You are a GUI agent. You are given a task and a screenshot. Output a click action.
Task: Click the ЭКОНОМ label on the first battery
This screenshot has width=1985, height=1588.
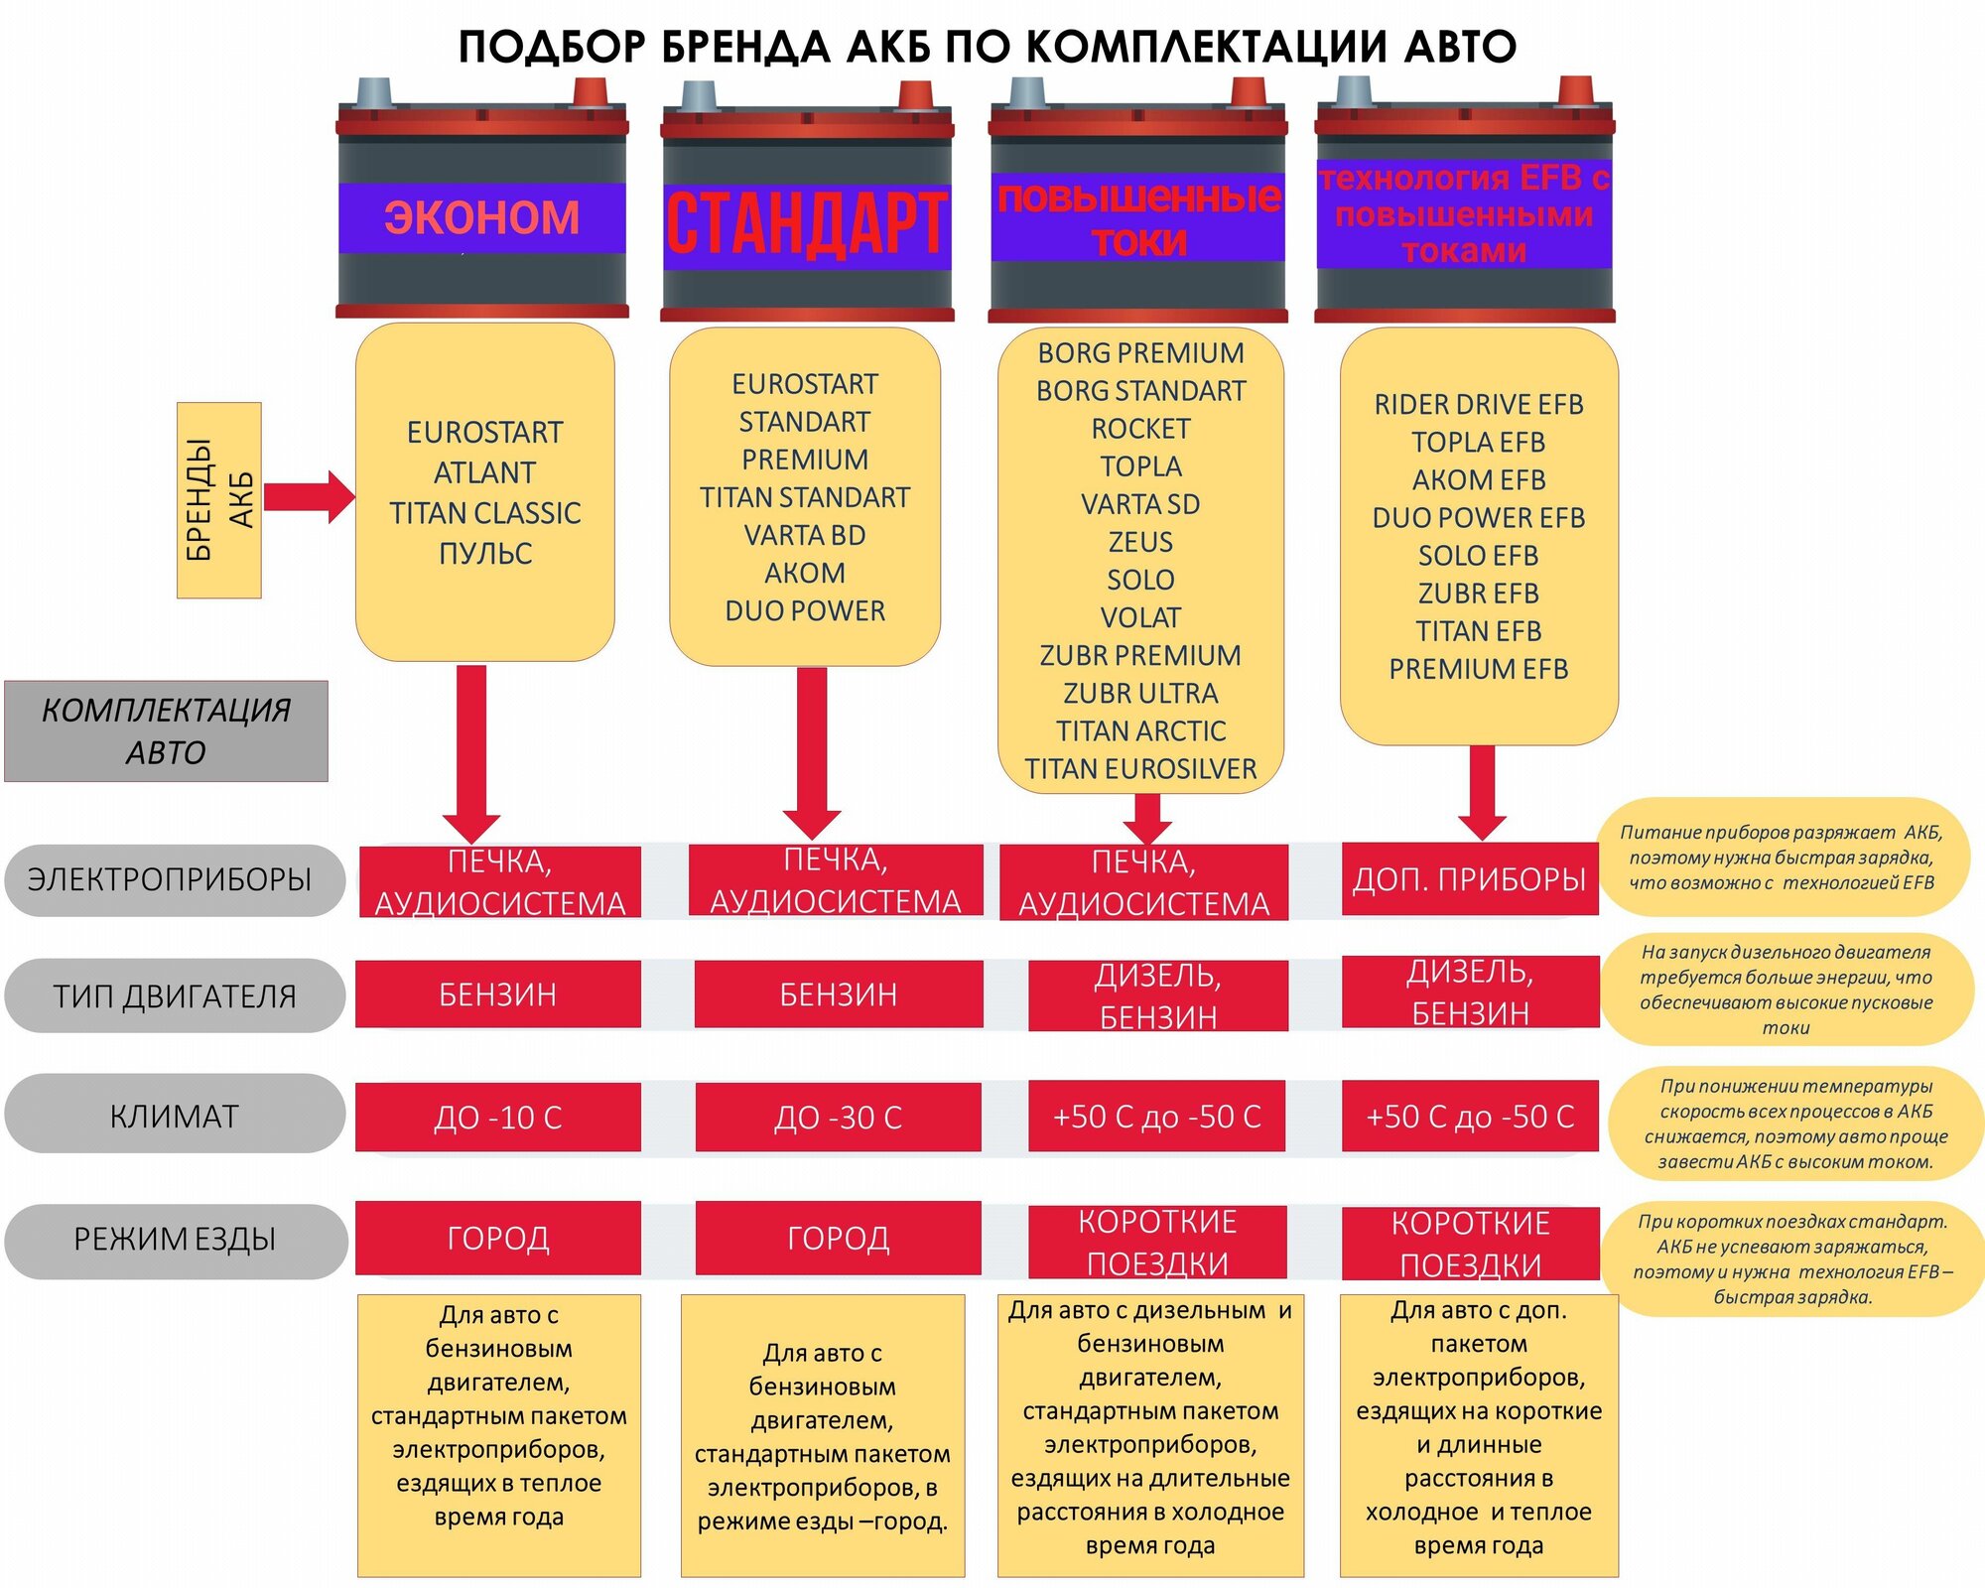pos(481,217)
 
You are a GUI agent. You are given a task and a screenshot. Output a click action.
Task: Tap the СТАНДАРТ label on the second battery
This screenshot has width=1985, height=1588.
pos(806,225)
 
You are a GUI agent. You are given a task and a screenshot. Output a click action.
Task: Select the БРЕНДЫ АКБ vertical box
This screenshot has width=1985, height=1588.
pos(218,499)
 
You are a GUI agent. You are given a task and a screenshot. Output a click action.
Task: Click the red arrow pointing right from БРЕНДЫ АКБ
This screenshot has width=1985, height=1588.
pos(309,496)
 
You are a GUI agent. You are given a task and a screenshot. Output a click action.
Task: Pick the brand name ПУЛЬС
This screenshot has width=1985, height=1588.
pos(485,553)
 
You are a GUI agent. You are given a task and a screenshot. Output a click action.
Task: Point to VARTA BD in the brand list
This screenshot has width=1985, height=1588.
pos(805,535)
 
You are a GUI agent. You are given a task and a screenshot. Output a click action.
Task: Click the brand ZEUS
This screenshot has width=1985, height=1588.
pos(1140,542)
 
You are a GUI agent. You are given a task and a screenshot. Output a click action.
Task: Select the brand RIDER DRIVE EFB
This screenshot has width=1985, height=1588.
pos(1478,404)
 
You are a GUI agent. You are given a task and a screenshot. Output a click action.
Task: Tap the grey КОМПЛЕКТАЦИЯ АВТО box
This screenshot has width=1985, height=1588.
pos(166,730)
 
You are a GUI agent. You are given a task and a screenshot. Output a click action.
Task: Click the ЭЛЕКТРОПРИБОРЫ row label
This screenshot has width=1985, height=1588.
pos(170,879)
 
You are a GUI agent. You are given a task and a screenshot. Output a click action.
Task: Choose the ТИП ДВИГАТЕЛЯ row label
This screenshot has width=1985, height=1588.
pos(175,995)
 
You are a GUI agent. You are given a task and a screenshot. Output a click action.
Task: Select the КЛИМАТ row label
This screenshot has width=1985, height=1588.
pos(175,1117)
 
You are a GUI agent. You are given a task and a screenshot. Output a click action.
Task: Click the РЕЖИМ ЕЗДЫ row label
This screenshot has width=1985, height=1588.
pos(175,1239)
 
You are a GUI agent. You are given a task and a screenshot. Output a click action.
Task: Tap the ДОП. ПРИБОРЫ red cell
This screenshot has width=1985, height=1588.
pos(1469,879)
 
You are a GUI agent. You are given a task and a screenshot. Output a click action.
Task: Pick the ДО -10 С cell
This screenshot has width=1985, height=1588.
pos(498,1118)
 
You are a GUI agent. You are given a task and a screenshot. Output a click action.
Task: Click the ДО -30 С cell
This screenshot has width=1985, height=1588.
pos(838,1118)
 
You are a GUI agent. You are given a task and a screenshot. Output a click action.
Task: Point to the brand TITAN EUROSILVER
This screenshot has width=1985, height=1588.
pos(1140,769)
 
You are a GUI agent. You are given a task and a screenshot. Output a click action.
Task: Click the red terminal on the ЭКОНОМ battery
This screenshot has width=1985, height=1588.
pos(594,92)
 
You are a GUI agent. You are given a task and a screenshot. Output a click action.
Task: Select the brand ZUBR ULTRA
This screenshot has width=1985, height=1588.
pos(1140,693)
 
